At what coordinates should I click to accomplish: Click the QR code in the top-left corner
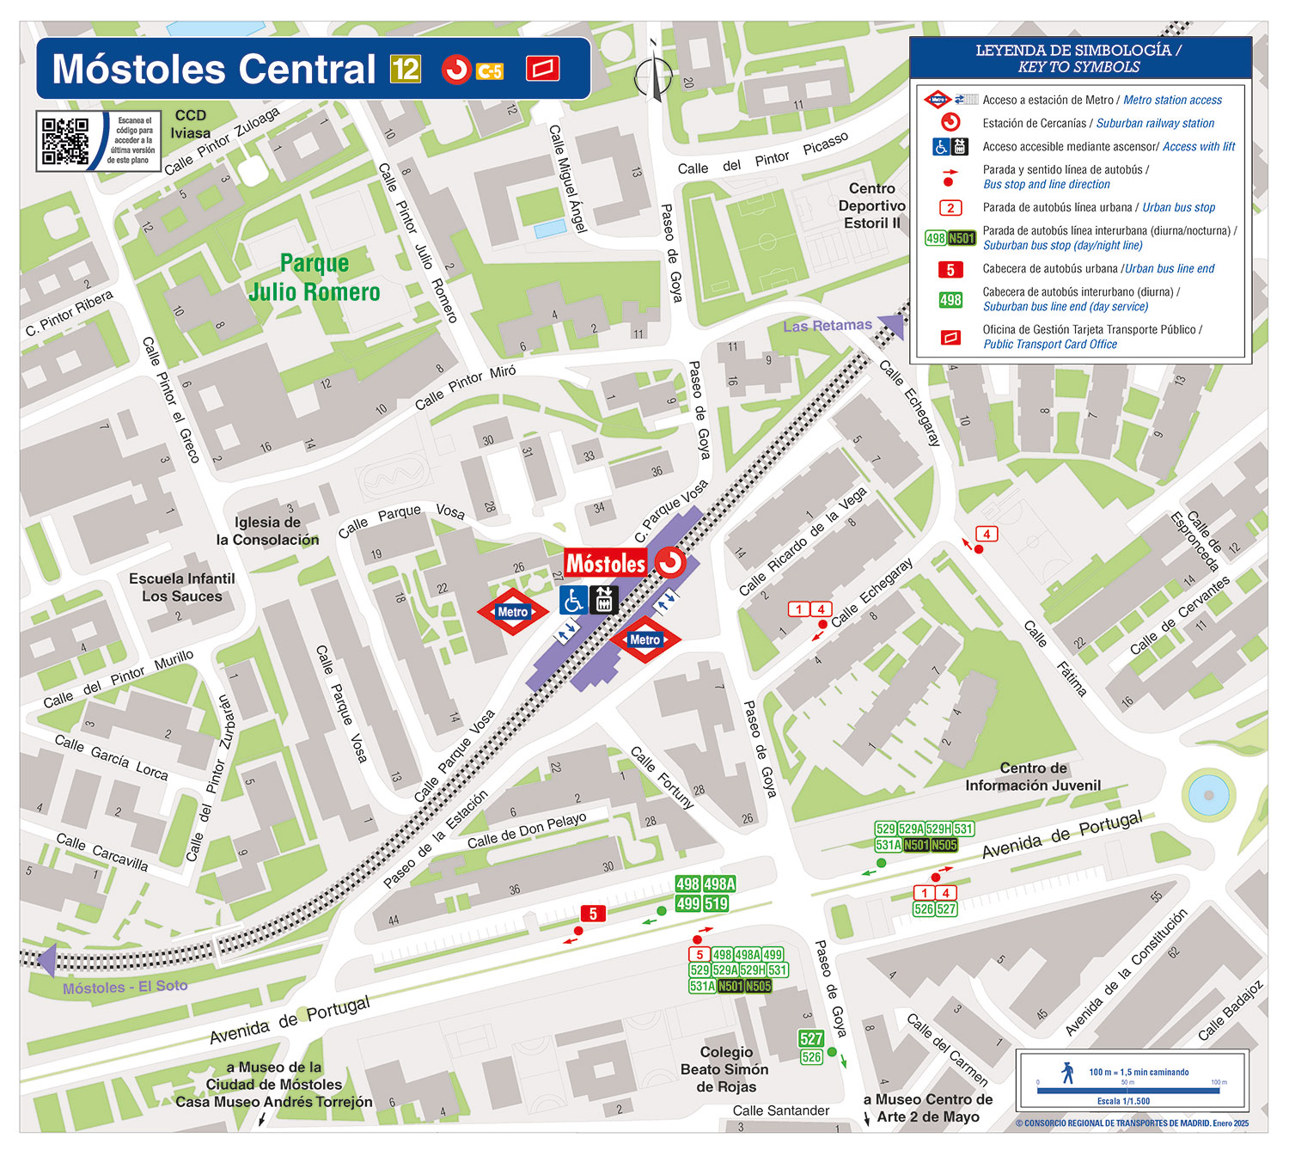tap(65, 141)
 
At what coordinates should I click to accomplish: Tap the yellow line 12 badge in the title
tap(406, 69)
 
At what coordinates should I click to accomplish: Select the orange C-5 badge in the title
tap(490, 71)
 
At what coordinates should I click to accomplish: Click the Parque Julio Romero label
tap(315, 278)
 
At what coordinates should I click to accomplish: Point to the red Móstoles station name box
tap(606, 564)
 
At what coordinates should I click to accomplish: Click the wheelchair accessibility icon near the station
tap(573, 600)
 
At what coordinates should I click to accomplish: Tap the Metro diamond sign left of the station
tap(513, 612)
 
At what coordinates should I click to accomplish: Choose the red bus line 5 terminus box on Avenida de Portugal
tap(592, 914)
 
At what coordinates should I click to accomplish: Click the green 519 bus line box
tap(717, 903)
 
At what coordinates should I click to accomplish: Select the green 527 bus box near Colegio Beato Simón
tap(811, 1038)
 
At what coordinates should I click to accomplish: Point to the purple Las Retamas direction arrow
tap(892, 327)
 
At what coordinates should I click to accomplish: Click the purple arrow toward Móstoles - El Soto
tap(46, 959)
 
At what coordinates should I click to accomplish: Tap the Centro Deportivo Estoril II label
tap(871, 205)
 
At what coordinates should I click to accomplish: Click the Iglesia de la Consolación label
tap(267, 531)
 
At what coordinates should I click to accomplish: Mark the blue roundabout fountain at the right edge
tap(1208, 795)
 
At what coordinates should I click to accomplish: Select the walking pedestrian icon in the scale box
tap(1068, 1072)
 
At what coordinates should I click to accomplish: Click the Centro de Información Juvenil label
tap(1032, 777)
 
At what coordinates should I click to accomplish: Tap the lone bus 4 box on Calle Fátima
tap(987, 534)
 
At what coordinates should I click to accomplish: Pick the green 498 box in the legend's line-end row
tap(950, 300)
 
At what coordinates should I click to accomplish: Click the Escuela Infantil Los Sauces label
tap(181, 588)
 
